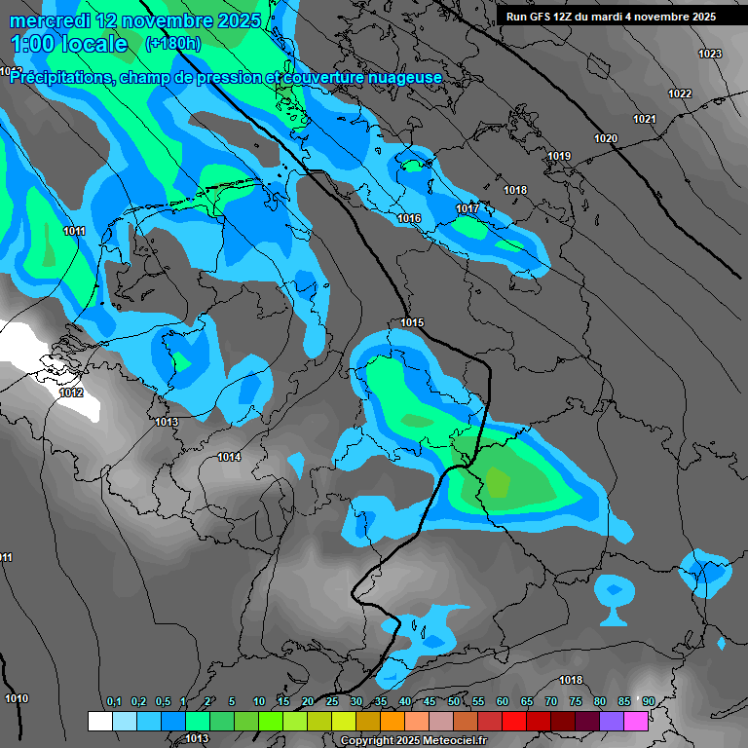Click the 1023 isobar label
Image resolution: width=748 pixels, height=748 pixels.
710,54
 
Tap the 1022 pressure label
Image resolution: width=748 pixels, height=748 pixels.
680,93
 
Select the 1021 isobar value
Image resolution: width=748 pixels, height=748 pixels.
644,119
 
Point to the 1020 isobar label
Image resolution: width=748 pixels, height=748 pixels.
606,138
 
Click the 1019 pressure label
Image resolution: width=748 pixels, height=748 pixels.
558,157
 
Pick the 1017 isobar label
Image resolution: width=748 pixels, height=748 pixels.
467,209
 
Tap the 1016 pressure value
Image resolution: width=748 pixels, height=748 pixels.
409,218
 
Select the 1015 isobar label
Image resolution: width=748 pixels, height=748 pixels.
412,322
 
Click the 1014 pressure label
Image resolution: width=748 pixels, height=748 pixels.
229,457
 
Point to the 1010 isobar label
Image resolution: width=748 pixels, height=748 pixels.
17,698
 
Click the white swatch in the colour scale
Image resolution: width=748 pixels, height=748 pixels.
99,721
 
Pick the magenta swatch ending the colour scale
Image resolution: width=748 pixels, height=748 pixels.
635,721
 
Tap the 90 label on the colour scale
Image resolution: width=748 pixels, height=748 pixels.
648,702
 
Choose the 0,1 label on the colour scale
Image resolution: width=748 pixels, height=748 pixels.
113,702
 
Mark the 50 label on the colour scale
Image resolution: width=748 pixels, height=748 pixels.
454,702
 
